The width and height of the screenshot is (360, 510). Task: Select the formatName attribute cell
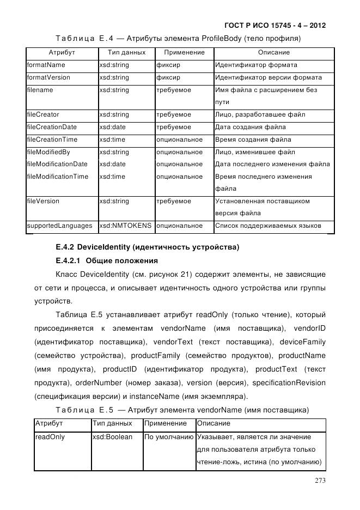(x=46, y=65)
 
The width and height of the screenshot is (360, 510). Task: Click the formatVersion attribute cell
(x=48, y=77)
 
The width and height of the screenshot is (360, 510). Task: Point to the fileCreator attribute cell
(x=43, y=115)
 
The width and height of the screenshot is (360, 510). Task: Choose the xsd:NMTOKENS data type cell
(x=125, y=226)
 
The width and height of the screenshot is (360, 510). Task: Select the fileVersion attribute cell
(x=43, y=201)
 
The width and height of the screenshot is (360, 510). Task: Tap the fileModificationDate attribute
(x=57, y=164)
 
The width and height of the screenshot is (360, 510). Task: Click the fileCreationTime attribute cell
(x=52, y=139)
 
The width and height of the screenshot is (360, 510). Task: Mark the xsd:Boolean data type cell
(x=112, y=437)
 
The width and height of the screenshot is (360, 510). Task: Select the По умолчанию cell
(x=169, y=437)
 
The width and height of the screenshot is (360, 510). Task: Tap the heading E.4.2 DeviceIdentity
(x=147, y=247)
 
